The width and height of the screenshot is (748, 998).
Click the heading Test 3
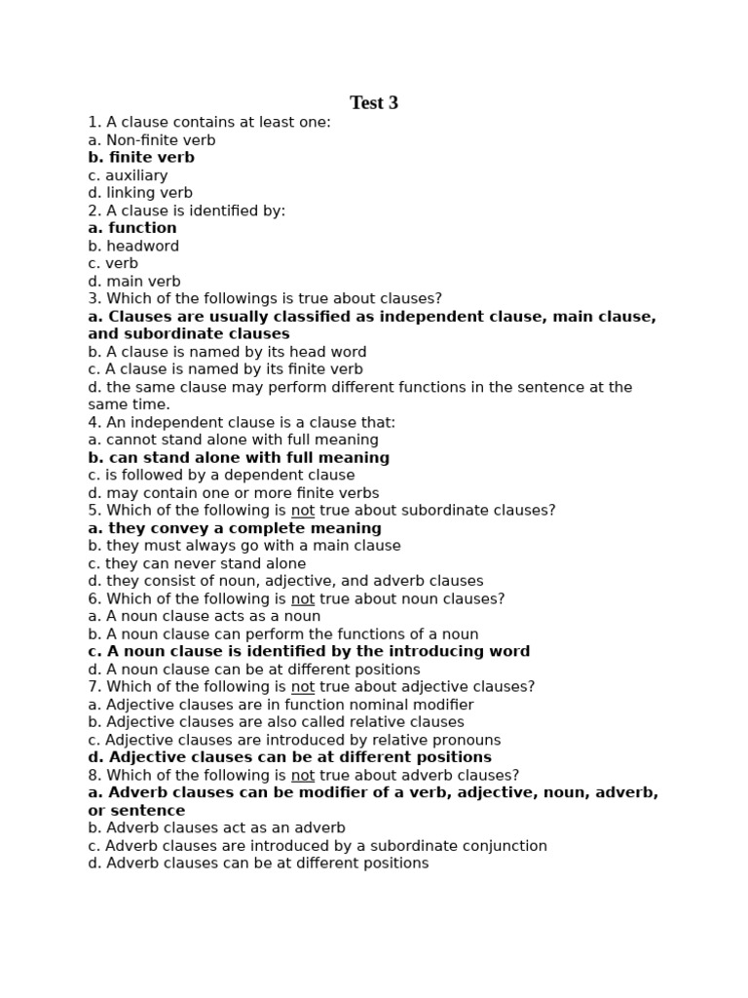[374, 103]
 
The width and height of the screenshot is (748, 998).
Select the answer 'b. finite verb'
[141, 158]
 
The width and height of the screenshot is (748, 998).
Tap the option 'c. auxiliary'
[128, 175]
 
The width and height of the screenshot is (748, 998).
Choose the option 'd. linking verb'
[140, 193]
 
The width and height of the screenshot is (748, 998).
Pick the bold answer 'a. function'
[132, 228]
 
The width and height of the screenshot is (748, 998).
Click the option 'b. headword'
[133, 247]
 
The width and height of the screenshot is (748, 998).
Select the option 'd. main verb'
[134, 282]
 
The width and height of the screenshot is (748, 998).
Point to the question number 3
[93, 299]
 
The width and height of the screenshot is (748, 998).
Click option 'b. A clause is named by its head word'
[227, 352]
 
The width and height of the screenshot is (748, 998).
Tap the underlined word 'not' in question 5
[303, 511]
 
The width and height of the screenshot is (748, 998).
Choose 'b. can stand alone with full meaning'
[239, 458]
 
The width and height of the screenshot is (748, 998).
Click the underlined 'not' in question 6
[303, 599]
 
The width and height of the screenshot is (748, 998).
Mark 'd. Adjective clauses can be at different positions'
[289, 757]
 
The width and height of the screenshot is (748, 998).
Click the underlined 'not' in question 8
[303, 776]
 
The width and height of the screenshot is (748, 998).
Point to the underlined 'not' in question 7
[303, 687]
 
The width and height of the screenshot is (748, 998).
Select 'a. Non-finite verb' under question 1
[152, 140]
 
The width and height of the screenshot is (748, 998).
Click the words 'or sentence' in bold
[136, 811]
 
